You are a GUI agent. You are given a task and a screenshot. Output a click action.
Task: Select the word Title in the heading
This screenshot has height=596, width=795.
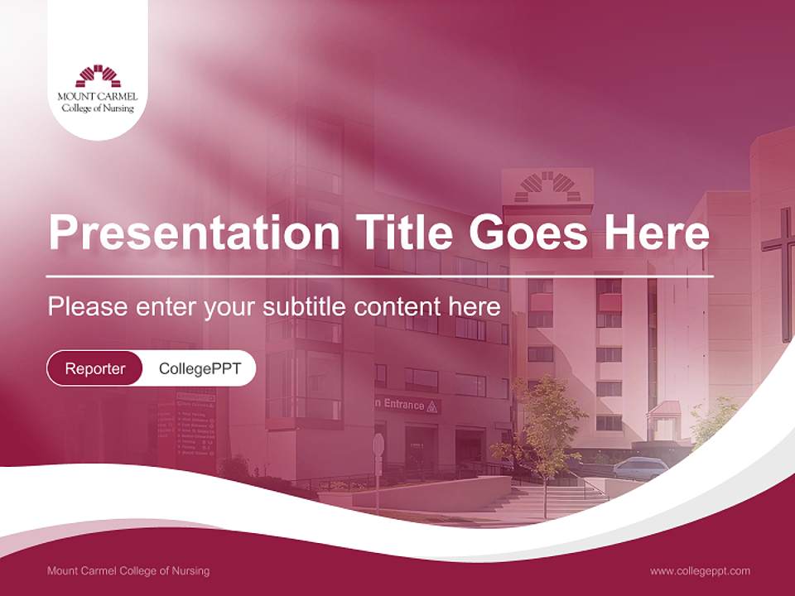398,233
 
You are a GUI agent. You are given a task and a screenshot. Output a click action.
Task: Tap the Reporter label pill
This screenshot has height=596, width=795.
94,368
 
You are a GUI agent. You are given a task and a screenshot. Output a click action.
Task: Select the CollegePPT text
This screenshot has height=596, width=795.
200,368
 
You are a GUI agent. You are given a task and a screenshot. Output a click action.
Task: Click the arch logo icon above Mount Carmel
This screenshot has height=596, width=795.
98,76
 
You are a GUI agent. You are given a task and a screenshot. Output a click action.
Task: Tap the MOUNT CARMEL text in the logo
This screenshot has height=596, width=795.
98,96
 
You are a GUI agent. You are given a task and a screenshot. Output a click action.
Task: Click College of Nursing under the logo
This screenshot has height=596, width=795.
98,108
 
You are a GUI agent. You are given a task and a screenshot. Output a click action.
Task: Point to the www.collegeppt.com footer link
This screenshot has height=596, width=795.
700,570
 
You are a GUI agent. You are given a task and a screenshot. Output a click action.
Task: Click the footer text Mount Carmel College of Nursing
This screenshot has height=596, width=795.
128,570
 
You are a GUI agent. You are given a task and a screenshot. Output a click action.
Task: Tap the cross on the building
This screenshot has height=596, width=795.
779,273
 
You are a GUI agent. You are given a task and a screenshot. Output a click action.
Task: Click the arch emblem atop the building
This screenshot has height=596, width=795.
547,187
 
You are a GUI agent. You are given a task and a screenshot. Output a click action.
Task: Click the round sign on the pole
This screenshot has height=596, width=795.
378,445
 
